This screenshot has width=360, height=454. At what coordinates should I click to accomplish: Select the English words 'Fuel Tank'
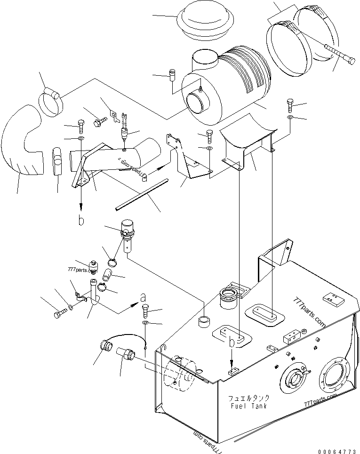point(249,406)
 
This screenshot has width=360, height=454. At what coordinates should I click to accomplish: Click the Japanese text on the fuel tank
point(249,398)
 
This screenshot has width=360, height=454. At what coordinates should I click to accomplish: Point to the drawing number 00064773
point(337,451)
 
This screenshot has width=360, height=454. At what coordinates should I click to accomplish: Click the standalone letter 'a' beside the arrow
point(143,297)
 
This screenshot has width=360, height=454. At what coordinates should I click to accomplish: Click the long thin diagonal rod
point(142,194)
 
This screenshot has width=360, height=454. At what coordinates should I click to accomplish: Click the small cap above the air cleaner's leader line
point(172,75)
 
